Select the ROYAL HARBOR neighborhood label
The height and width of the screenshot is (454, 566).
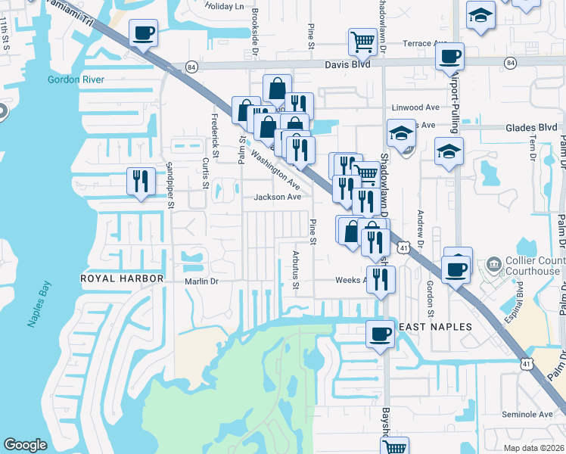click(x=123, y=278)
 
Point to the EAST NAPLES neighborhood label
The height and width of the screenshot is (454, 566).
click(x=435, y=327)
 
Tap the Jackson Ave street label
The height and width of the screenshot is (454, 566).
click(x=278, y=197)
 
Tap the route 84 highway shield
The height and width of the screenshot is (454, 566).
click(x=192, y=67)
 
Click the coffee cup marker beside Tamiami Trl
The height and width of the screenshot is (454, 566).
click(x=143, y=33)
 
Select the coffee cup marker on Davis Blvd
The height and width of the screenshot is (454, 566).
click(x=450, y=57)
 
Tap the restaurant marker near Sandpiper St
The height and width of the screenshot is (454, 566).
click(x=140, y=181)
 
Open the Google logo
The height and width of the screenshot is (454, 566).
click(x=25, y=446)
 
